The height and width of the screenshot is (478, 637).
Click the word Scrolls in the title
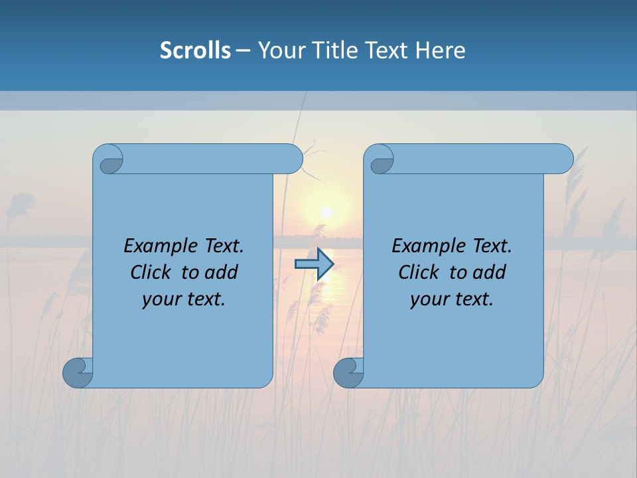(x=195, y=50)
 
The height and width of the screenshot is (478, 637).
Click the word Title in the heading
(x=336, y=50)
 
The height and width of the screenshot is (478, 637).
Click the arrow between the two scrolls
(x=314, y=264)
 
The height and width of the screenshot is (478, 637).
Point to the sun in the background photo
(x=326, y=212)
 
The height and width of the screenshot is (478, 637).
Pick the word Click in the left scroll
(x=151, y=272)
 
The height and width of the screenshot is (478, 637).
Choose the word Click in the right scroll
(x=419, y=272)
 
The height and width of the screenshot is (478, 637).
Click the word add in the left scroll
(x=222, y=272)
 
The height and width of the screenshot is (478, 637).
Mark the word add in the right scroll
(x=490, y=272)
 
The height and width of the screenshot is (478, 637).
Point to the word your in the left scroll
(x=160, y=299)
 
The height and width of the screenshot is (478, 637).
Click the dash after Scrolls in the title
(x=244, y=50)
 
